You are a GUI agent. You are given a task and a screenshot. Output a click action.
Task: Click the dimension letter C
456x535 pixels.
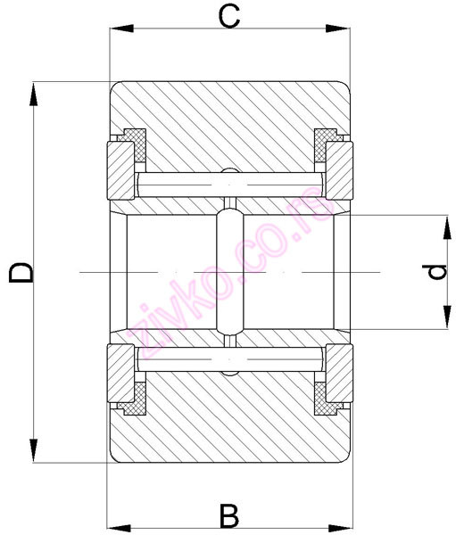tap(229, 15)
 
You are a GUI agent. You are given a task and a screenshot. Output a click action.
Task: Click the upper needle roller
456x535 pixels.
tap(229, 185)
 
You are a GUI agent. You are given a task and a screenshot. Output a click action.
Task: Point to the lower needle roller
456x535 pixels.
tap(229, 359)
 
